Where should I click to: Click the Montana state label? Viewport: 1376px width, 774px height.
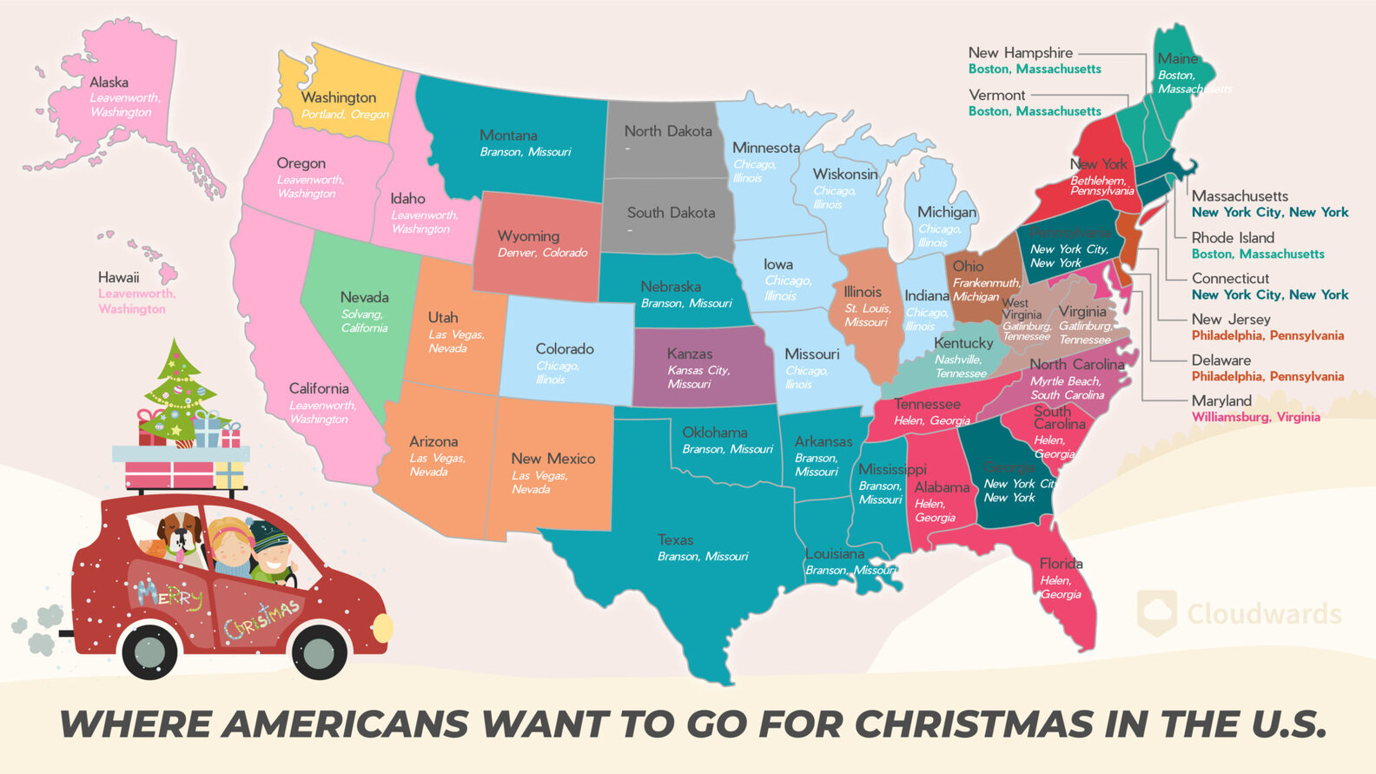pyautogui.click(x=508, y=136)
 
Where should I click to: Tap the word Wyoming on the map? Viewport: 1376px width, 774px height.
pyautogui.click(x=528, y=236)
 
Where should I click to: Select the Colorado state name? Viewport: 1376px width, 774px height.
pyautogui.click(x=565, y=349)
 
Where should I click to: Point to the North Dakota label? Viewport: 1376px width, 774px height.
pyautogui.click(x=668, y=131)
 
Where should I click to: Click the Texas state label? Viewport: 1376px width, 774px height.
pyautogui.click(x=675, y=540)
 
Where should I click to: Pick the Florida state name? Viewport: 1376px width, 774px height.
pyautogui.click(x=1061, y=564)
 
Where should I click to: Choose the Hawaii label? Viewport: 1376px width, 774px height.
pyautogui.click(x=118, y=278)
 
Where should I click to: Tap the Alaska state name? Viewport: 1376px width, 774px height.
pyautogui.click(x=109, y=83)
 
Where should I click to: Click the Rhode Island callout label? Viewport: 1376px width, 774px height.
pyautogui.click(x=1233, y=238)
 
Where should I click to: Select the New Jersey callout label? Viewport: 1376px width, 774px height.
pyautogui.click(x=1231, y=320)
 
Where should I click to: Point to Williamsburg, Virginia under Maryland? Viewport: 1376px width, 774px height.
pyautogui.click(x=1255, y=417)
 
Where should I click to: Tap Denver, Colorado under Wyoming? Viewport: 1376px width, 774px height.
pyautogui.click(x=542, y=253)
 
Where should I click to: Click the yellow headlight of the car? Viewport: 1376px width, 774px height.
pyautogui.click(x=382, y=627)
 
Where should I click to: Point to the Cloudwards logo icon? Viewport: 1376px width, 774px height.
pyautogui.click(x=1157, y=612)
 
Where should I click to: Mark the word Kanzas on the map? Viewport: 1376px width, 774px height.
pyautogui.click(x=690, y=354)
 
